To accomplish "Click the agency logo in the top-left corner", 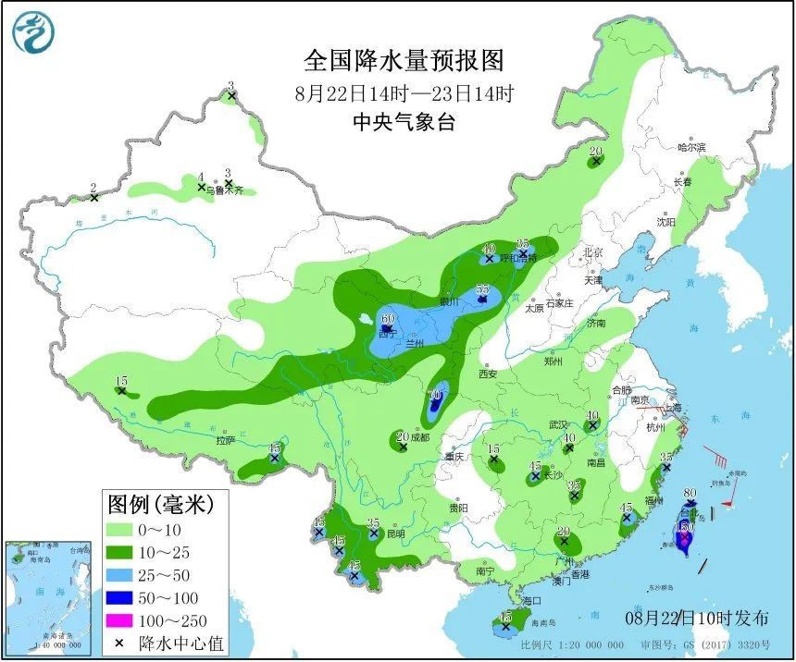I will (33, 32).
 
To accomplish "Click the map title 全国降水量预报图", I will (404, 61).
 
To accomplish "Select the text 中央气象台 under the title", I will (404, 123).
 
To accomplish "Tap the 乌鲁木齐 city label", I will (224, 190).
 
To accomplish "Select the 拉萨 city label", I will (226, 441).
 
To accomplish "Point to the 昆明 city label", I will (395, 533).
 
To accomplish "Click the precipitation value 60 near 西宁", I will (388, 319).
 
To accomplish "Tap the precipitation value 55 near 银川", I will (481, 289).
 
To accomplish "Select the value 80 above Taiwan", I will (690, 494).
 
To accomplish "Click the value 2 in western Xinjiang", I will (93, 188).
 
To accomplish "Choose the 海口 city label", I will (530, 601).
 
